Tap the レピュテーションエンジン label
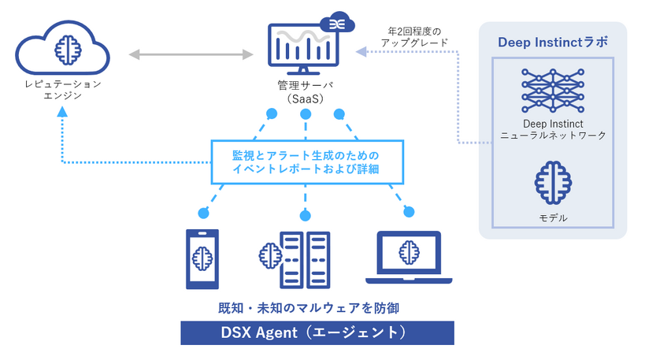click(x=62, y=89)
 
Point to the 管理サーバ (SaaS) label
click(x=302, y=93)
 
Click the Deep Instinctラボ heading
click(x=553, y=42)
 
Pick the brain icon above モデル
click(x=552, y=180)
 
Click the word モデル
click(x=552, y=217)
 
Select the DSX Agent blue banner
click(x=317, y=332)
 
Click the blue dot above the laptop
click(x=407, y=211)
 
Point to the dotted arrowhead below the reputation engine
click(x=62, y=112)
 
